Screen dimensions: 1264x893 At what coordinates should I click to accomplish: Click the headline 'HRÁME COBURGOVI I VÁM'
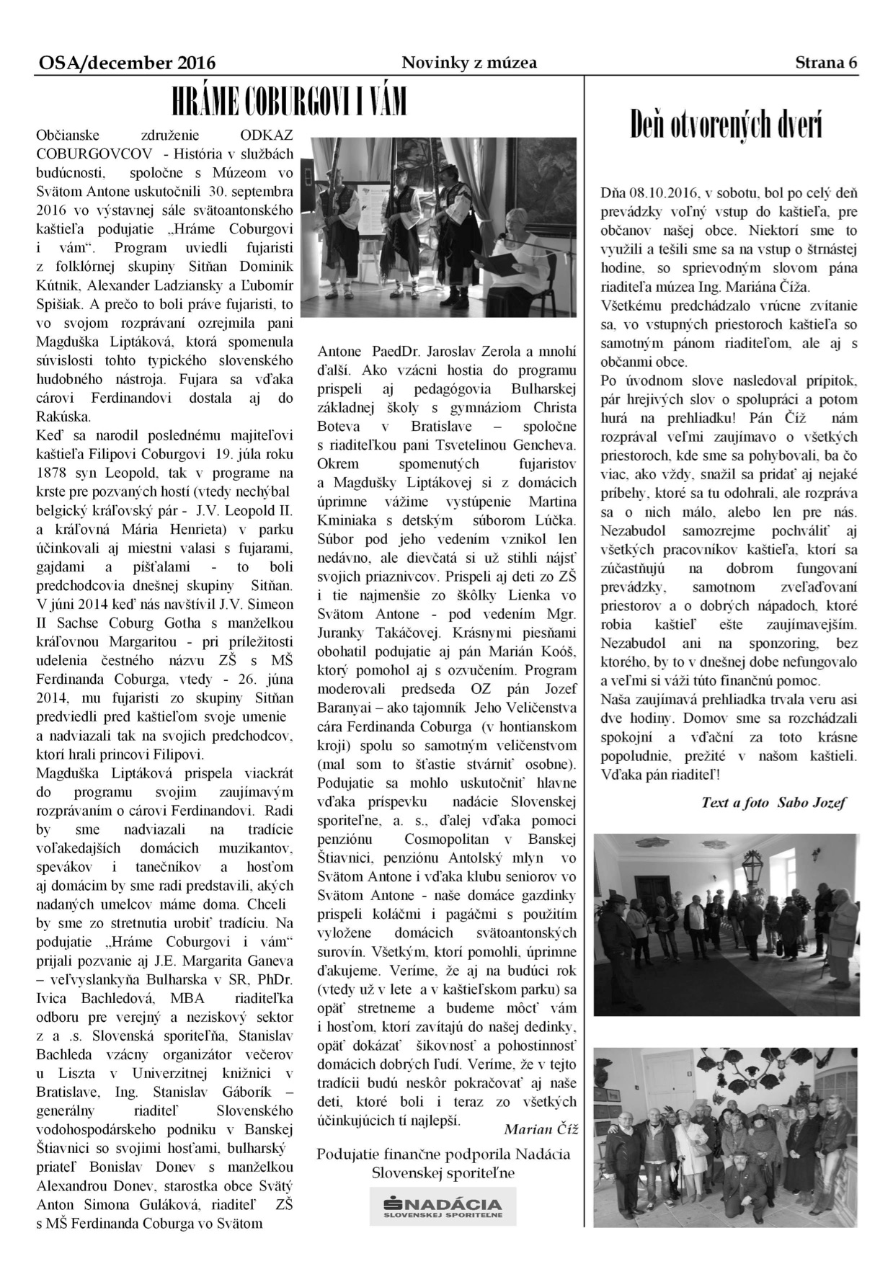click(288, 103)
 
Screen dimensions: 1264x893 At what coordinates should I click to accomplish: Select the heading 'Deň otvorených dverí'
click(726, 124)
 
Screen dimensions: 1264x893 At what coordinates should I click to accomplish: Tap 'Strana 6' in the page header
click(827, 63)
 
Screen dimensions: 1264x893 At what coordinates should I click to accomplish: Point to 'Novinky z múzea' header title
click(469, 63)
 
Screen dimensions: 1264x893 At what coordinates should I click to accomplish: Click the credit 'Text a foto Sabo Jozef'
click(773, 802)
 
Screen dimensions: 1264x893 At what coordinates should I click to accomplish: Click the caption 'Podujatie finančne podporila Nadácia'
click(444, 1154)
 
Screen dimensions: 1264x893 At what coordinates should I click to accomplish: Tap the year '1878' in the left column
click(51, 473)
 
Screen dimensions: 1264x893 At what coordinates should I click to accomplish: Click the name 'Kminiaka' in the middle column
click(347, 520)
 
